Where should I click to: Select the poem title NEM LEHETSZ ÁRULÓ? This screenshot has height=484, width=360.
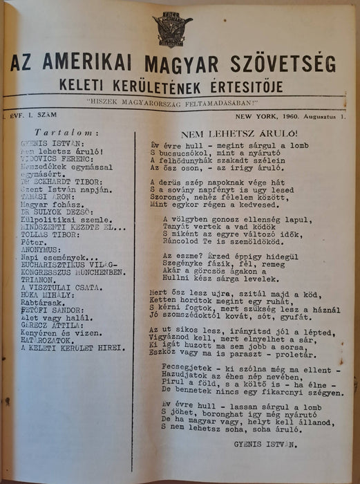pyautogui.click(x=238, y=131)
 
